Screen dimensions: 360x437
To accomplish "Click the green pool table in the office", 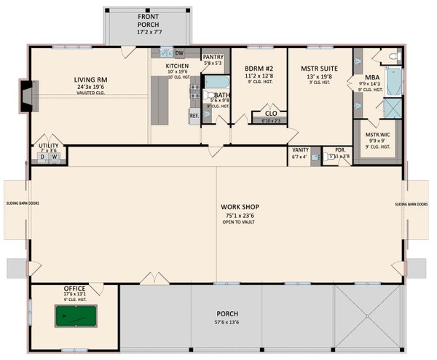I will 75,316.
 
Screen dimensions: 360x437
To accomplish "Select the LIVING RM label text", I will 92,80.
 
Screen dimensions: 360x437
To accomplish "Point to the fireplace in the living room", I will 26,95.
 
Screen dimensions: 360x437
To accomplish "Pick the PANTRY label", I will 213,57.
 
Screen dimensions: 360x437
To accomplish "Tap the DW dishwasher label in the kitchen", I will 179,52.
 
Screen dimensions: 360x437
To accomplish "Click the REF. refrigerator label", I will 194,115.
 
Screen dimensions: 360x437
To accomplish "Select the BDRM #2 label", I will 259,68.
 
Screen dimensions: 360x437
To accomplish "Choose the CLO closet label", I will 269,113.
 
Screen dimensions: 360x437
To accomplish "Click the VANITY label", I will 300,150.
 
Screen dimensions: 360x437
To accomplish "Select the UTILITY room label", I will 50,146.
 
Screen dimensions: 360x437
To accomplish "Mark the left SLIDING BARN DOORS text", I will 16,203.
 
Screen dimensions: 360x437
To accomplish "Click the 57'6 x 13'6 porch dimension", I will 227,321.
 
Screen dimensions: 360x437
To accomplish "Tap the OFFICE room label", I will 74,288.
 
